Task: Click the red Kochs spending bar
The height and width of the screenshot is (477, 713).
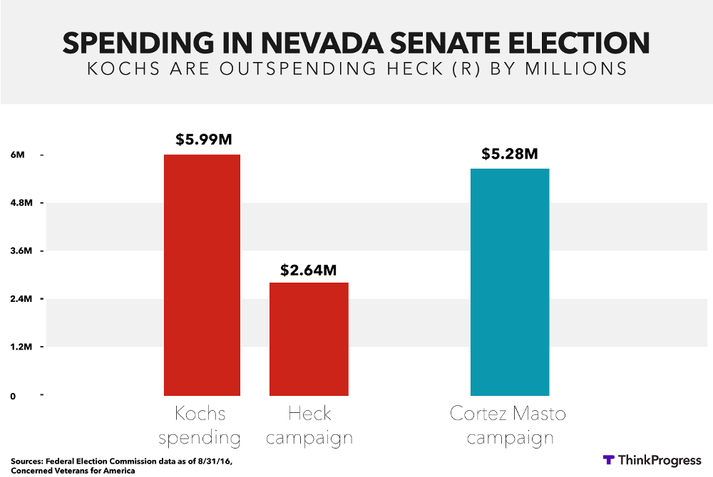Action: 202,275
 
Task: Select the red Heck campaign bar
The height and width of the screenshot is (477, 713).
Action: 309,339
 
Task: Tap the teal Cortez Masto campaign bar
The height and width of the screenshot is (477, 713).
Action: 510,282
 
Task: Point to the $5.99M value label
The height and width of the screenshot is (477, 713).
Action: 203,140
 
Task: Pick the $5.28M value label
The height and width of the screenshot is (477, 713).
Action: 509,153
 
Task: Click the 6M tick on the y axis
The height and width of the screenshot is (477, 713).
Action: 17,155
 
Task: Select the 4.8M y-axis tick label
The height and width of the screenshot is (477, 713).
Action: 19,204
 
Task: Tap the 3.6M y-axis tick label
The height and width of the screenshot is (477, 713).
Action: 19,251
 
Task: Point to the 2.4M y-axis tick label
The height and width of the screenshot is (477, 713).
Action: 19,299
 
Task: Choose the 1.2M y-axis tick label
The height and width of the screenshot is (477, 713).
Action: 19,347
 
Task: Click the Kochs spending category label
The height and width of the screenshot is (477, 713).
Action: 200,425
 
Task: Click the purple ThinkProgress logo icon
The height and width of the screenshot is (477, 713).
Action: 609,460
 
